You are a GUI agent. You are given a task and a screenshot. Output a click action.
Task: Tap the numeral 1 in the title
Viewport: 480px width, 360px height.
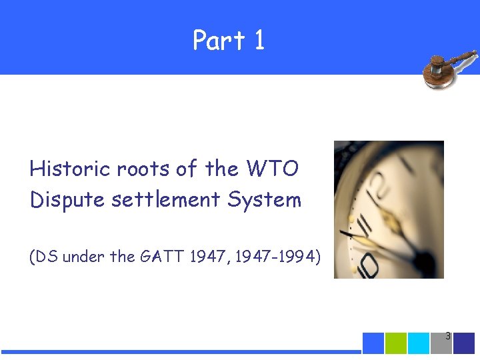pyautogui.click(x=259, y=41)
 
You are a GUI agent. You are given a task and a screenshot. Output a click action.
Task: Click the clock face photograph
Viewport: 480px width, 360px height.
pyautogui.click(x=389, y=209)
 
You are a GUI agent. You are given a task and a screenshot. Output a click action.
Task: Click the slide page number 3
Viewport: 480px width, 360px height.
pyautogui.click(x=448, y=337)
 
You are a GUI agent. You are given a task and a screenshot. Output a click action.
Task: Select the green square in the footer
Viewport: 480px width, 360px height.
pyautogui.click(x=396, y=343)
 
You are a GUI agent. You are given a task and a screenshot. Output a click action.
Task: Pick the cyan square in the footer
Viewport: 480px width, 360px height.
pyautogui.click(x=419, y=343)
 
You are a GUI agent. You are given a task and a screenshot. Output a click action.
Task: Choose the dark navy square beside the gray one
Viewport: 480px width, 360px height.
pyautogui.click(x=464, y=343)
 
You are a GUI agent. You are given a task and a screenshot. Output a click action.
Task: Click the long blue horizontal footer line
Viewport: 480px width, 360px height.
pyautogui.click(x=180, y=351)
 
